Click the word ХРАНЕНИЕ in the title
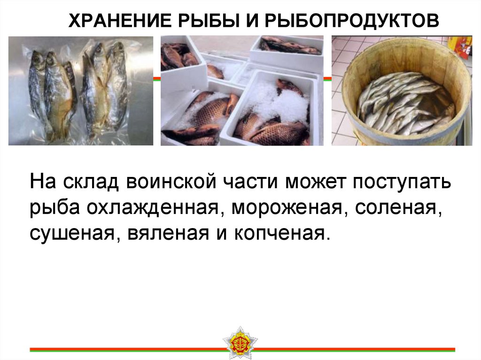point(117,21)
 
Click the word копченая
point(277,233)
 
